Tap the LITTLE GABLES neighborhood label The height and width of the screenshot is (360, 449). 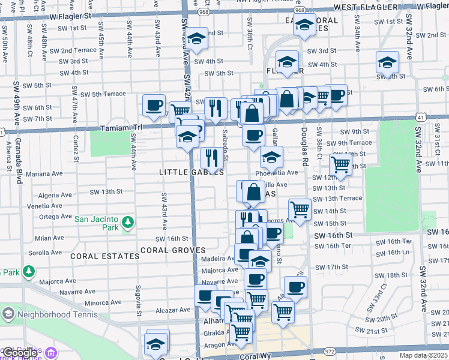(191, 172)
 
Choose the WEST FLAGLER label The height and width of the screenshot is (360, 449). (366, 7)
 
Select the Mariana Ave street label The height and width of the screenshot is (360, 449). (44, 174)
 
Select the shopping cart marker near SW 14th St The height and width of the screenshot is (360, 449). (300, 209)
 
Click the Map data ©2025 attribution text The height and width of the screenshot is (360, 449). (423, 355)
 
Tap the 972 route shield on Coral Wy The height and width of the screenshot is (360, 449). (330, 350)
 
